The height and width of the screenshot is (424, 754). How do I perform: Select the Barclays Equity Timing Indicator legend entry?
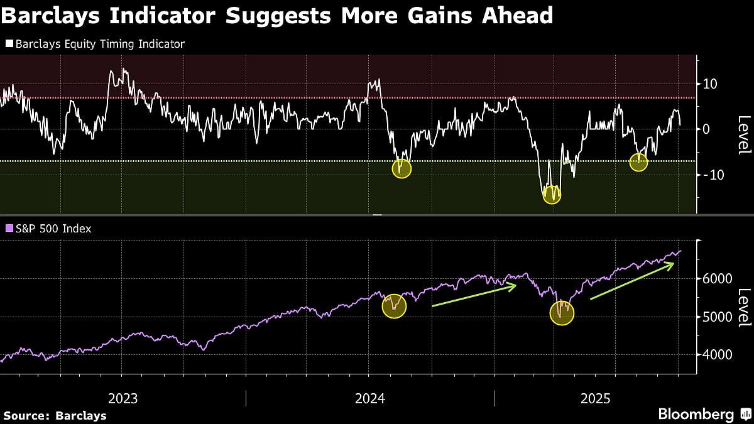click(x=95, y=44)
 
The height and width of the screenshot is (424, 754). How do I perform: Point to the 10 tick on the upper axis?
click(x=711, y=84)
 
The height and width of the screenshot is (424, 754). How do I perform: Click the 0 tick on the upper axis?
click(x=707, y=129)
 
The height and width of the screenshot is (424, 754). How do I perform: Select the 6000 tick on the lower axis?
click(x=716, y=278)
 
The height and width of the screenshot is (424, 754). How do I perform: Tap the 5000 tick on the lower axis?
click(x=716, y=317)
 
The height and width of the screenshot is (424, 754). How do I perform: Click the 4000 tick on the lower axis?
click(x=716, y=355)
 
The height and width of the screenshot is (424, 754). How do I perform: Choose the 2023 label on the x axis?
click(x=123, y=398)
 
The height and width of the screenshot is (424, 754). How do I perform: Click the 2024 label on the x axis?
click(x=370, y=398)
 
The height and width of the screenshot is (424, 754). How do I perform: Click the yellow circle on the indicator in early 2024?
click(x=402, y=168)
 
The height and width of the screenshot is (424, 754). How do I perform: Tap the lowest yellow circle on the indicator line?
click(x=552, y=195)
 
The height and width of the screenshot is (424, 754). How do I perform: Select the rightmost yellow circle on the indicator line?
click(x=638, y=162)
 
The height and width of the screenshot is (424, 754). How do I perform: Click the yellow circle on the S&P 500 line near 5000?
click(x=562, y=312)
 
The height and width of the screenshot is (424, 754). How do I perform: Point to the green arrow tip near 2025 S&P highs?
click(x=673, y=264)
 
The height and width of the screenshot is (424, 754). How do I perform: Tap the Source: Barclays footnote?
click(x=55, y=415)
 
